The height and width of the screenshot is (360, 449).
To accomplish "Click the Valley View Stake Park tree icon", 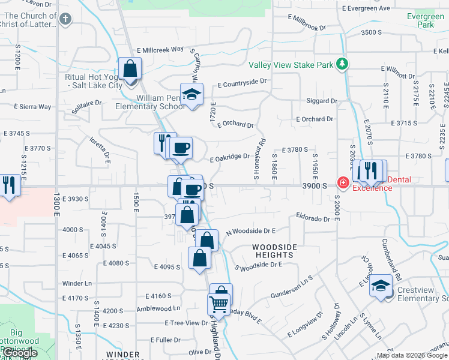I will click(x=342, y=64).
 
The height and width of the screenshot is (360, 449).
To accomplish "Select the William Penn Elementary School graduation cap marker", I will click(x=192, y=94).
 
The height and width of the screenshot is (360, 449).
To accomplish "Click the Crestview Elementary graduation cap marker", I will click(x=381, y=285).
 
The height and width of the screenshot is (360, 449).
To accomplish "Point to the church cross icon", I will click(x=65, y=19).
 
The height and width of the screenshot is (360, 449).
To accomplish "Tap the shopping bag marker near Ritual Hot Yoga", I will click(x=130, y=69).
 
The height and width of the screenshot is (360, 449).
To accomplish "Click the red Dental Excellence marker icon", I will click(x=343, y=182).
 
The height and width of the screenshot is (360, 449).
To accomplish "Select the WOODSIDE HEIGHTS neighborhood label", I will click(x=275, y=251).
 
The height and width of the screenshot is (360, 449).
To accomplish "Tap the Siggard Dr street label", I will click(x=317, y=101).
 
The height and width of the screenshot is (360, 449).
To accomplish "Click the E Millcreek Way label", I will click(x=160, y=50).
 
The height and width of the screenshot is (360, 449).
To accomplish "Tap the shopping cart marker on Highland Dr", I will click(x=218, y=304).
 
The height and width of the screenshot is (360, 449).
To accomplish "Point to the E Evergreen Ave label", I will click(x=366, y=8).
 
